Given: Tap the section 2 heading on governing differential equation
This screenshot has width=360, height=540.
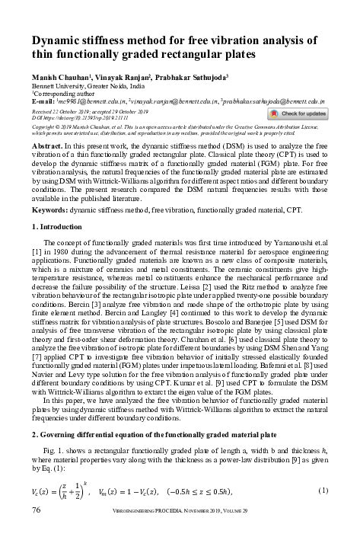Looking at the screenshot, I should click(x=152, y=434).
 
